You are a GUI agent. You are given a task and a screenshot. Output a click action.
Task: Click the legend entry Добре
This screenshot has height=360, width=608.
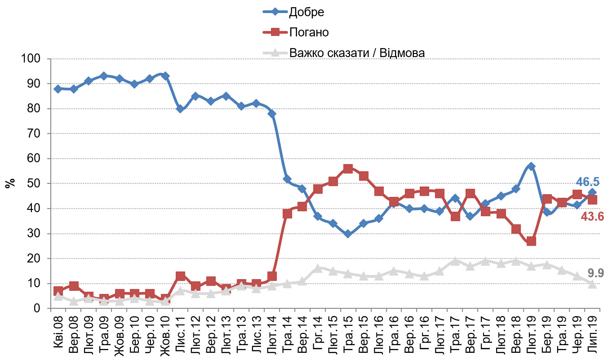[x=306, y=13]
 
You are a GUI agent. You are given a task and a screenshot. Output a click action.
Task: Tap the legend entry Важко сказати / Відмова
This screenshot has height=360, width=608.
[x=357, y=53]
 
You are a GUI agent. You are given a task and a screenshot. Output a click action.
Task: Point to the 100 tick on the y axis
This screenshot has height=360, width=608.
[x=34, y=59]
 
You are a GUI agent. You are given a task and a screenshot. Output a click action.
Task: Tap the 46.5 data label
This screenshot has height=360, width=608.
[x=587, y=182]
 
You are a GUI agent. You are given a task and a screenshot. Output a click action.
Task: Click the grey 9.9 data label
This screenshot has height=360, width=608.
[x=595, y=273]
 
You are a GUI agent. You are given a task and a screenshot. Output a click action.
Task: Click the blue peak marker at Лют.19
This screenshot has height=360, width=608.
[x=531, y=166]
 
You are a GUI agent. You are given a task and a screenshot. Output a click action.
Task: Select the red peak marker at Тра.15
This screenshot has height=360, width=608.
[x=347, y=169]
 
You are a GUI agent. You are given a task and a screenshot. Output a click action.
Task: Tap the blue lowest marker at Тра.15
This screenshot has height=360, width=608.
[x=347, y=234]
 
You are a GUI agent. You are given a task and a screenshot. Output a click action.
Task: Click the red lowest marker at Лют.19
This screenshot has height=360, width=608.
[x=531, y=241]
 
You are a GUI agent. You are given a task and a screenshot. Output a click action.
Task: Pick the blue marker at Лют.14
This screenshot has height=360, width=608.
[x=272, y=114]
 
